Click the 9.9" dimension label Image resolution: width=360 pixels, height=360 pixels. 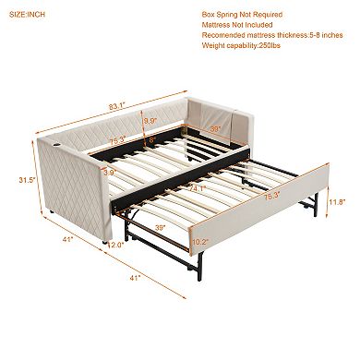(150, 119)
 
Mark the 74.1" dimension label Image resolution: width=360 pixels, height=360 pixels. (197, 190)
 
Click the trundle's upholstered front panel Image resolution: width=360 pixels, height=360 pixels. (268, 208)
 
